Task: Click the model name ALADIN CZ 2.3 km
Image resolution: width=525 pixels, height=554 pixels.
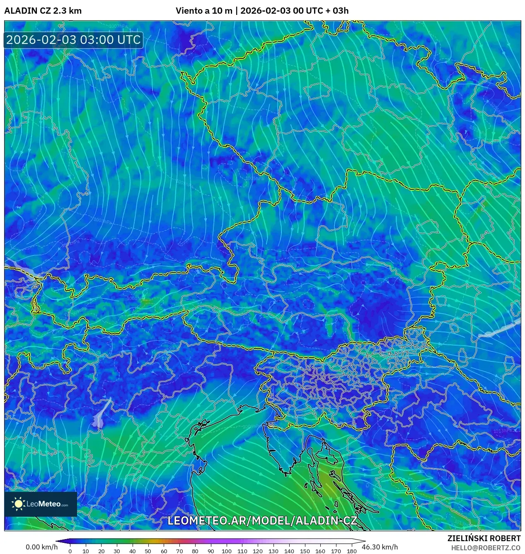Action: pyautogui.click(x=43, y=11)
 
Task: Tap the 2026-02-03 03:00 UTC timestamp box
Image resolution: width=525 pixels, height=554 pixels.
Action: pyautogui.click(x=73, y=40)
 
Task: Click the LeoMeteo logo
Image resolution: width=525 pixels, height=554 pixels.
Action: pyautogui.click(x=41, y=504)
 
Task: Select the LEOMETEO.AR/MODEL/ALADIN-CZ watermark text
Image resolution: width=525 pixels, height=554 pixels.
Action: pyautogui.click(x=262, y=520)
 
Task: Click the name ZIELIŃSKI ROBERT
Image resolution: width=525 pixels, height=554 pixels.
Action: pyautogui.click(x=484, y=538)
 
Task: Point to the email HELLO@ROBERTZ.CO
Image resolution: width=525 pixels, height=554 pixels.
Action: pyautogui.click(x=486, y=548)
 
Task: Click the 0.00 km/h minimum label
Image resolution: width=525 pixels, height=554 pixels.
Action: pyautogui.click(x=41, y=547)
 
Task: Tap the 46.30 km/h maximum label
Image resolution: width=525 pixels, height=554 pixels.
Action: pyautogui.click(x=380, y=547)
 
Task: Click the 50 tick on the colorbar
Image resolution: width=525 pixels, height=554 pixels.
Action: pyautogui.click(x=148, y=551)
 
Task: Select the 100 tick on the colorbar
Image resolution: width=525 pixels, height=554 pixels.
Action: pyautogui.click(x=226, y=551)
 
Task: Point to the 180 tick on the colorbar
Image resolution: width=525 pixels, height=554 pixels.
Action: pyautogui.click(x=351, y=551)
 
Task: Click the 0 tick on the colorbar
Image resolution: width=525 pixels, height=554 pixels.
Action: pyautogui.click(x=70, y=551)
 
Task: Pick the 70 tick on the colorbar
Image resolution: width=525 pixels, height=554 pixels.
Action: pyautogui.click(x=179, y=551)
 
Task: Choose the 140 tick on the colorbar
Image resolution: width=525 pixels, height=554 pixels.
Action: pyautogui.click(x=289, y=551)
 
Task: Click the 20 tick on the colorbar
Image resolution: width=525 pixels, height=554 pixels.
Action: pyautogui.click(x=101, y=551)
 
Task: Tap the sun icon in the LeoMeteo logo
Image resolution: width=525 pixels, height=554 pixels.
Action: pyautogui.click(x=19, y=504)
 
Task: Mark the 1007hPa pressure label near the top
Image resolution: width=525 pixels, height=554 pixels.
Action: pyautogui.click(x=119, y=26)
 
